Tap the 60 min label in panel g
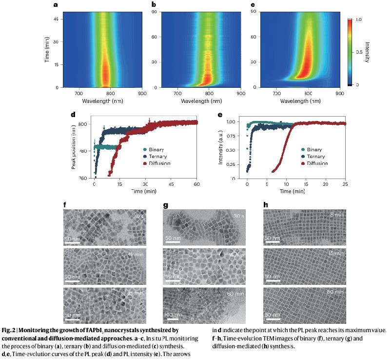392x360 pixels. click(x=236, y=294)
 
